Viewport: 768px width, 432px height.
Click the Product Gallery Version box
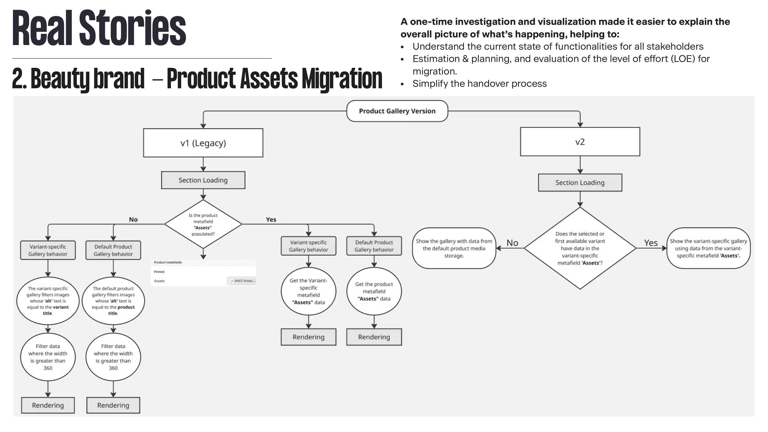(397, 111)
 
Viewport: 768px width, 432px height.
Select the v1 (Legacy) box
(203, 143)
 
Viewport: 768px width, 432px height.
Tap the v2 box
(580, 142)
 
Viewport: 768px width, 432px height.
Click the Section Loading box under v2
(580, 182)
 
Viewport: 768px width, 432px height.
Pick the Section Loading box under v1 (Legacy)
(203, 180)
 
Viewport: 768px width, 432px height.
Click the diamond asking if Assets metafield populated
(203, 224)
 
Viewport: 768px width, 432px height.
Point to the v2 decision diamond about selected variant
(580, 248)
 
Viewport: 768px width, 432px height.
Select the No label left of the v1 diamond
(133, 219)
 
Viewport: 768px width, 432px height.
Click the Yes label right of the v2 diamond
(650, 243)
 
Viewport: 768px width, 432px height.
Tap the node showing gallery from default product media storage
(454, 248)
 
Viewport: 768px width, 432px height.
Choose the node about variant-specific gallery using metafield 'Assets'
(708, 248)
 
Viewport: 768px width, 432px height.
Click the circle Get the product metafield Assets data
(374, 291)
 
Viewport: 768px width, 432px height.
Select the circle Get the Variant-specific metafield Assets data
(308, 291)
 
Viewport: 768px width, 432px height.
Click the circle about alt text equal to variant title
(48, 300)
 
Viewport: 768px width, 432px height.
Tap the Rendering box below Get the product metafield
(374, 337)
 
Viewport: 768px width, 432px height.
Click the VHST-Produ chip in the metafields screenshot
(242, 281)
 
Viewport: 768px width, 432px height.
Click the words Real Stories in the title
(99, 28)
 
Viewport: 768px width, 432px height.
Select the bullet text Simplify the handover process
(479, 83)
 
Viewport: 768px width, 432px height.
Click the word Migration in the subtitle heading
(342, 79)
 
